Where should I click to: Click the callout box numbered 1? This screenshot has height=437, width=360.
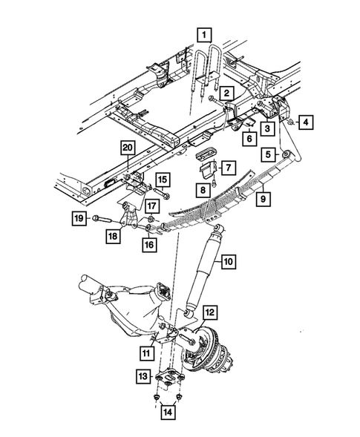tap(203, 33)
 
